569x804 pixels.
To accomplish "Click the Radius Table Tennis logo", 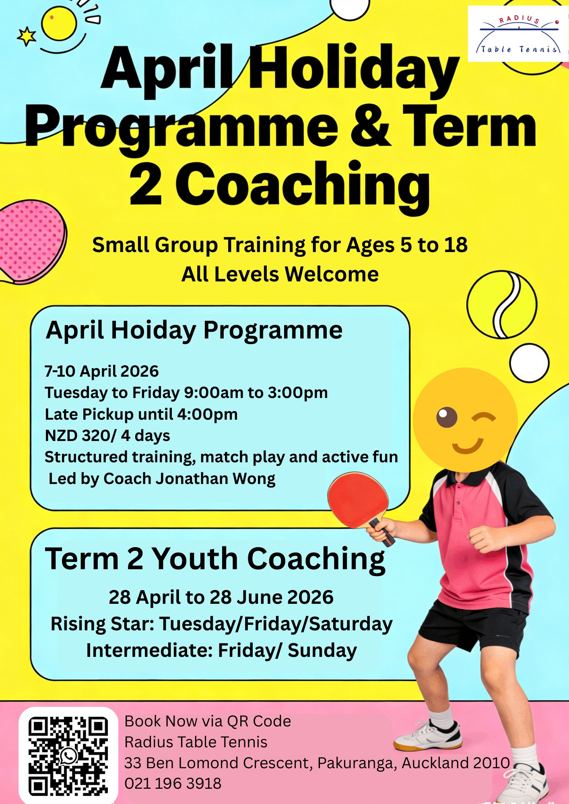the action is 518,34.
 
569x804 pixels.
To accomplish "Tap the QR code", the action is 68,756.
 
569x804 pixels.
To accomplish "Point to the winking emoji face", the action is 465,420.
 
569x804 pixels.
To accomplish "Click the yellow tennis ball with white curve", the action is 502,305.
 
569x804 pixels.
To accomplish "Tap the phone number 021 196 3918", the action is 173,783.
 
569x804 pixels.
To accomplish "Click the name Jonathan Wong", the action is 215,479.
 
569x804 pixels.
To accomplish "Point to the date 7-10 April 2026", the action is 102,371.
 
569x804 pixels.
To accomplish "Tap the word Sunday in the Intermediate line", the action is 322,650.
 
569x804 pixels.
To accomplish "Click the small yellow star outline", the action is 27,37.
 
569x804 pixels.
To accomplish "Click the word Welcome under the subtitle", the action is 332,275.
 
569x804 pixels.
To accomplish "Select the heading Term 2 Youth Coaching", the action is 215,559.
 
